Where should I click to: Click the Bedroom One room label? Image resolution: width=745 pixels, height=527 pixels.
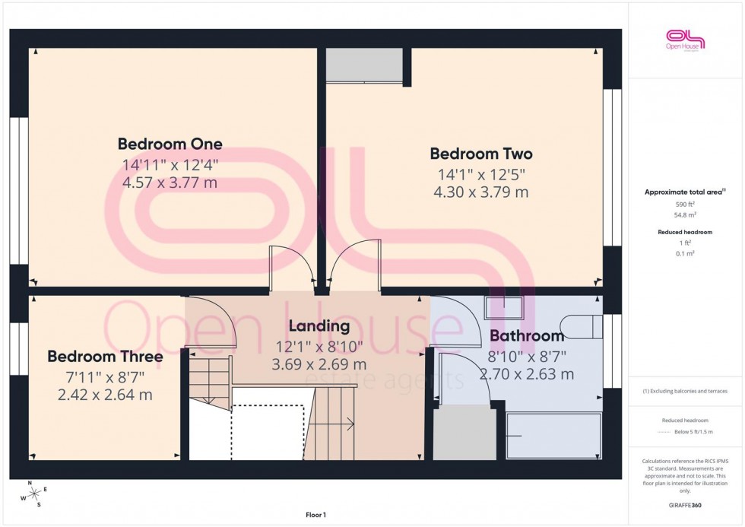click(x=170, y=144)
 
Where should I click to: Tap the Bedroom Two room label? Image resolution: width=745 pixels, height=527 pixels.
click(x=480, y=154)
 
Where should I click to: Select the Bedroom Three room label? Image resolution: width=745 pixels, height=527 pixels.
click(x=105, y=357)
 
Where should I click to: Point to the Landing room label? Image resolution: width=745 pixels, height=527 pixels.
click(x=319, y=326)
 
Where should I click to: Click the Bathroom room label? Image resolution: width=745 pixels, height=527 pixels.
click(x=526, y=335)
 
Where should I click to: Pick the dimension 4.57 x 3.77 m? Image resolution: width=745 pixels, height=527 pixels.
click(x=170, y=183)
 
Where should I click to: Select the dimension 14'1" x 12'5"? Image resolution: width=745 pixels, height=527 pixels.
click(x=480, y=173)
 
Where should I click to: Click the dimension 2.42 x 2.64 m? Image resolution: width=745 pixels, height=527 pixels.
click(x=105, y=395)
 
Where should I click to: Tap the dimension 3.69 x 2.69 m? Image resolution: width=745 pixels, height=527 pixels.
click(x=319, y=364)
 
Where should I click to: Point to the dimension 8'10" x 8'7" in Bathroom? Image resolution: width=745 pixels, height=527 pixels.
click(x=526, y=355)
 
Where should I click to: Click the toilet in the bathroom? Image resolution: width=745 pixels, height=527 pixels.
click(x=585, y=326)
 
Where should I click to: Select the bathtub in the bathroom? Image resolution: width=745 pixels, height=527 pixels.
click(x=553, y=436)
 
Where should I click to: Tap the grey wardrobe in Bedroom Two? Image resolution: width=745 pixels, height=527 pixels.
click(x=364, y=65)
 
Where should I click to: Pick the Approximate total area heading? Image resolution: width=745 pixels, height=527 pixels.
click(x=684, y=192)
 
